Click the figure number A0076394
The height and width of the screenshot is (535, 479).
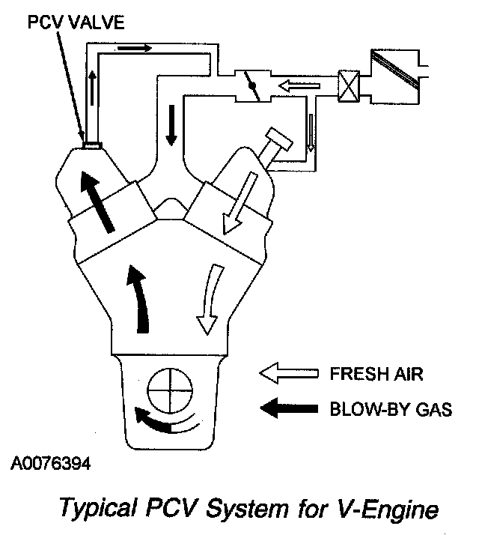tap(50, 465)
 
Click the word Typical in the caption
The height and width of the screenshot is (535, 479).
tap(96, 512)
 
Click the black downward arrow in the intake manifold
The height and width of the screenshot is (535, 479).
tap(172, 126)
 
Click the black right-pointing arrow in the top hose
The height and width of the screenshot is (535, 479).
tap(134, 48)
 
